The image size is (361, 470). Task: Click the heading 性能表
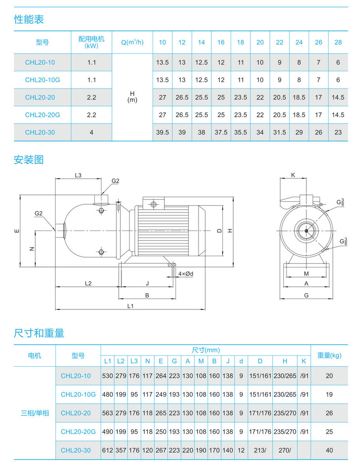29,19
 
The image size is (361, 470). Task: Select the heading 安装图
29,160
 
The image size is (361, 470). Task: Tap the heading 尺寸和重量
39,333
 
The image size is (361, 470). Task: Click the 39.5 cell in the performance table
162,132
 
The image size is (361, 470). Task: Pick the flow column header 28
338,42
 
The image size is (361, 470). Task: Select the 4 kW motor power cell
92,132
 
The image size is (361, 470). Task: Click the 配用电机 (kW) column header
92,42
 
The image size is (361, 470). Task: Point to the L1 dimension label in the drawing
130,306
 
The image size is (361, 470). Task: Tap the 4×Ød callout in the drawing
185,274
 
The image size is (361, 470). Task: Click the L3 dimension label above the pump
78,175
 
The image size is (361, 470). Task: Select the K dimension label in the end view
293,175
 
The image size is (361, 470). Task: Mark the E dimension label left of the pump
17,231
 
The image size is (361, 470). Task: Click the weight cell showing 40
329,450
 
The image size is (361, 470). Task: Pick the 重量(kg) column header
329,355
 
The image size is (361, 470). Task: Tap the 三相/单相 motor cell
35,413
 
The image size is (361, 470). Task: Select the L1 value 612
107,450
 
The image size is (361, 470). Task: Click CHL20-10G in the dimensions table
78,394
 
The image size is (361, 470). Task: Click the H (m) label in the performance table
132,97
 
